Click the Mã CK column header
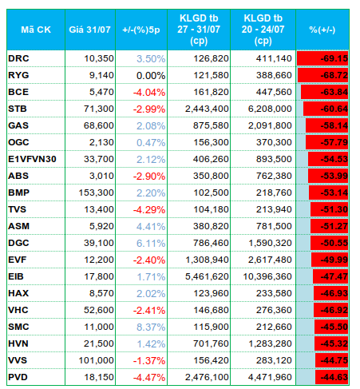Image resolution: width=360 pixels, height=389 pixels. (x=36, y=30)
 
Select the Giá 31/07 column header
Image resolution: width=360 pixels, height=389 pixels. (x=90, y=30)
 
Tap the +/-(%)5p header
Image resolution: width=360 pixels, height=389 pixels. (x=141, y=30)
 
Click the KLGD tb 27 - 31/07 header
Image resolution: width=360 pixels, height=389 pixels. (x=199, y=30)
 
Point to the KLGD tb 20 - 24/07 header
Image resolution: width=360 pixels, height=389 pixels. (x=263, y=30)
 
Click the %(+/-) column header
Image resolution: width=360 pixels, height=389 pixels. (x=322, y=30)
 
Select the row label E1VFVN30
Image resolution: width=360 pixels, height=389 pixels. (x=32, y=159)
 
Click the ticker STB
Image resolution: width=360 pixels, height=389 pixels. (x=18, y=109)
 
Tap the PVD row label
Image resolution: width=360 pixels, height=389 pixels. (x=18, y=377)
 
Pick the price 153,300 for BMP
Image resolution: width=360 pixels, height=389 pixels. (x=96, y=193)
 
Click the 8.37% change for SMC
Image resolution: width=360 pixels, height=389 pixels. (x=151, y=327)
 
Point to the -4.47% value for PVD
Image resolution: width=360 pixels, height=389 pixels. (x=149, y=377)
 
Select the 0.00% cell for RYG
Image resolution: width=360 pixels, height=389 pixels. (x=151, y=76)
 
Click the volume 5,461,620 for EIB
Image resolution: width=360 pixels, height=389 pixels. (x=207, y=276)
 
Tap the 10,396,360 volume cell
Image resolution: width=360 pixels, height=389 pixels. (x=267, y=276)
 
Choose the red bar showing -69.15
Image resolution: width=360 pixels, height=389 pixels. (x=322, y=58)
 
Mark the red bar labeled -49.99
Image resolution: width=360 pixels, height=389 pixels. (x=330, y=260)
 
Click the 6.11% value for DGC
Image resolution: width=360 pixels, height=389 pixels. (x=151, y=243)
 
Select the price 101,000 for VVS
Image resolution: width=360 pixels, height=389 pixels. (x=96, y=360)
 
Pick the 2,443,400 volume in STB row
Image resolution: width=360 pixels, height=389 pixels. (x=207, y=109)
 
